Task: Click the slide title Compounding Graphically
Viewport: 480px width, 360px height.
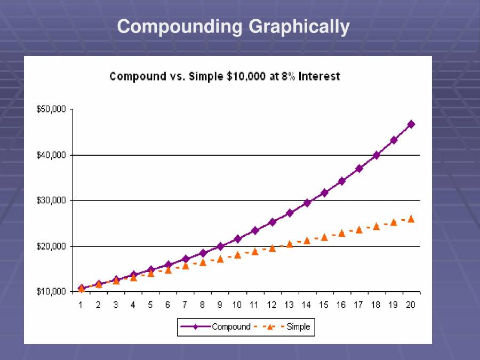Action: [x=233, y=26]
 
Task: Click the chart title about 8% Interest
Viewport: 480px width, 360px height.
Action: [x=225, y=76]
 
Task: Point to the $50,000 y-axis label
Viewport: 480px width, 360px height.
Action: [x=51, y=109]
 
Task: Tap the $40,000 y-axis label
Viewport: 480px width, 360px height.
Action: [x=51, y=155]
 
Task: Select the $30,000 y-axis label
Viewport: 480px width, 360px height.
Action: [x=51, y=201]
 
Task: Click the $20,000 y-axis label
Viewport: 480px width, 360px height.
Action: [x=51, y=246]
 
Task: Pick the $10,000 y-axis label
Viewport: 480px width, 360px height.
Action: [x=51, y=292]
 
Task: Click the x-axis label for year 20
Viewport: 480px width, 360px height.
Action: [x=410, y=305]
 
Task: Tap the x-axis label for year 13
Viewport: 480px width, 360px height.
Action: [x=289, y=305]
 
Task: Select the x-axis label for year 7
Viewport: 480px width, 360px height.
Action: [x=185, y=305]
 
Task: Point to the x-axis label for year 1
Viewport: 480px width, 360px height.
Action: [x=81, y=305]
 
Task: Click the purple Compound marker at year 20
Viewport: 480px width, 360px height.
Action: [x=411, y=124]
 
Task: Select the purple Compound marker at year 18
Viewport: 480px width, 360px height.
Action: [x=376, y=155]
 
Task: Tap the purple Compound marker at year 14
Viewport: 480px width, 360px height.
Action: [x=307, y=203]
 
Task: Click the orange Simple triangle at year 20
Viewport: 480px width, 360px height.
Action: [x=411, y=219]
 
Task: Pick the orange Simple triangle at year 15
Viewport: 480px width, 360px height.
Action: [x=324, y=237]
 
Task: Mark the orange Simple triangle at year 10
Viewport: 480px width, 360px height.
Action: [x=237, y=255]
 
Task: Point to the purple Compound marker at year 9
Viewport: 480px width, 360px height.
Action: [x=220, y=246]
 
